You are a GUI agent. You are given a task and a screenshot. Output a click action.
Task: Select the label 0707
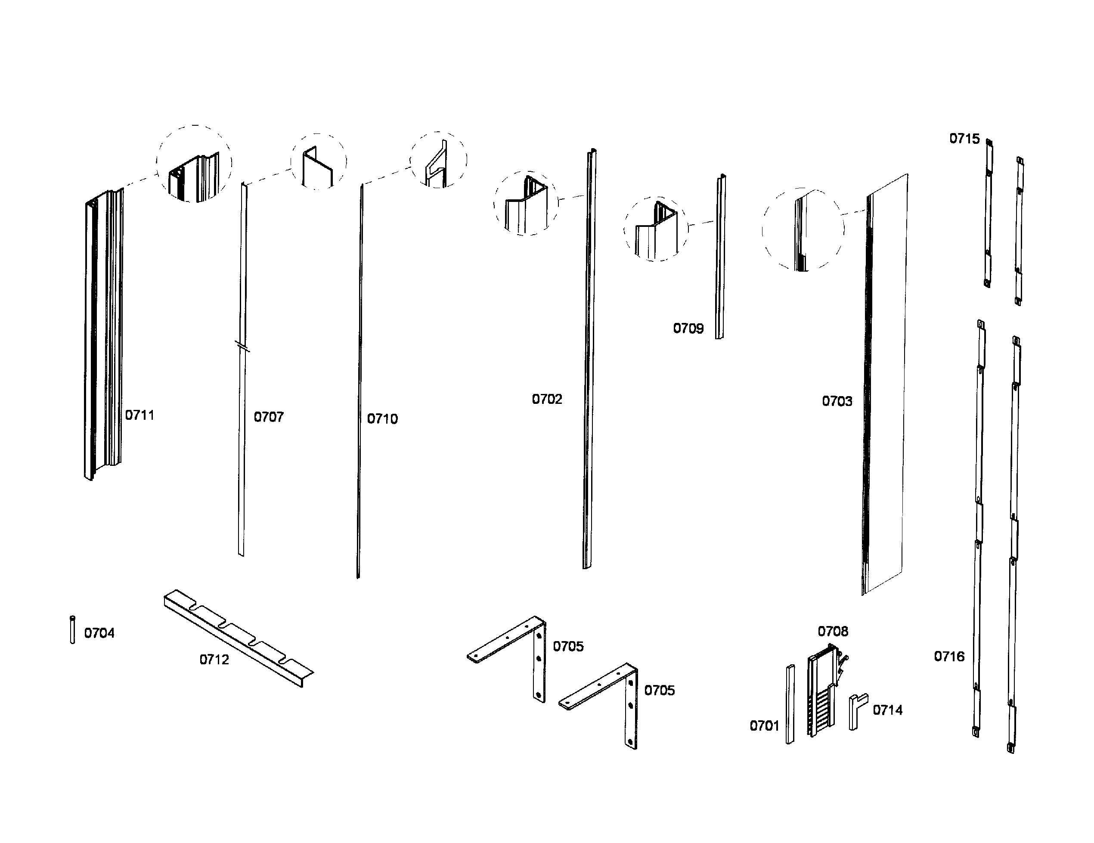pyautogui.click(x=269, y=417)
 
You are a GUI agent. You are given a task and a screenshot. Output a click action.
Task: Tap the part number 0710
pyautogui.click(x=382, y=419)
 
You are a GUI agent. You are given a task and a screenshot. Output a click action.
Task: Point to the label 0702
pyautogui.click(x=546, y=399)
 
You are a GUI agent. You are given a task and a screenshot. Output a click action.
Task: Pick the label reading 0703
pyautogui.click(x=837, y=401)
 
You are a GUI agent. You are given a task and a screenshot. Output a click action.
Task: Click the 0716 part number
pyautogui.click(x=949, y=656)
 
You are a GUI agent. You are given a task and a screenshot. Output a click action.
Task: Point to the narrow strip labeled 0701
pyautogui.click(x=790, y=704)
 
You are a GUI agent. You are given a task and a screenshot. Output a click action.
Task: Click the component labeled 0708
pyautogui.click(x=821, y=691)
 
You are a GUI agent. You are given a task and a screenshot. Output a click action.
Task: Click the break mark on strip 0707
pyautogui.click(x=242, y=346)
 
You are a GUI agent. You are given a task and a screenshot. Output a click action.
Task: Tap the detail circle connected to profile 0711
pyautogui.click(x=194, y=164)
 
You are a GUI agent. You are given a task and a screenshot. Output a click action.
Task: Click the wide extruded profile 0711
pyautogui.click(x=104, y=333)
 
